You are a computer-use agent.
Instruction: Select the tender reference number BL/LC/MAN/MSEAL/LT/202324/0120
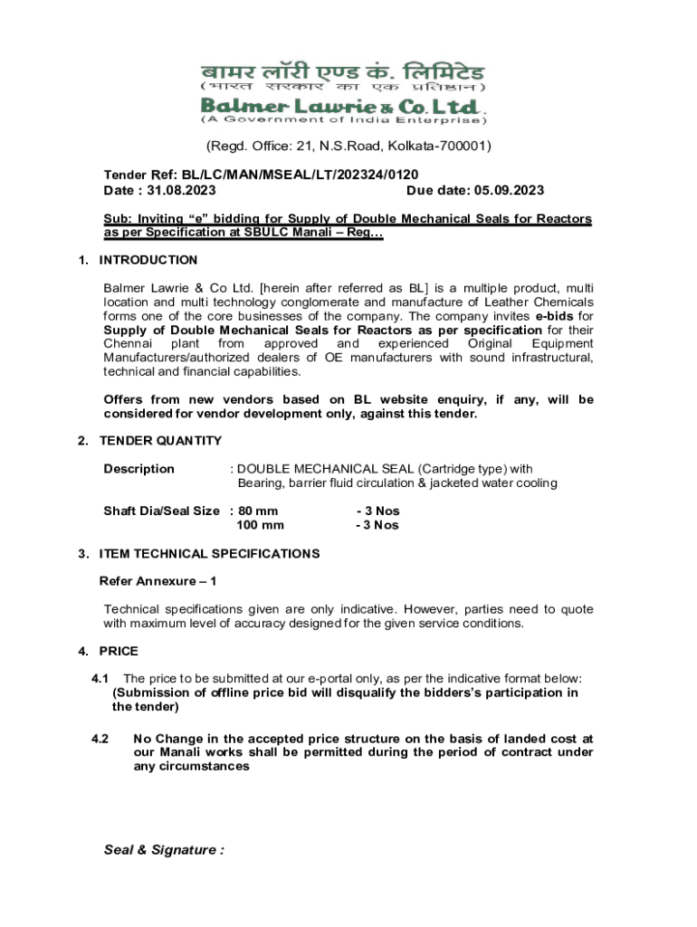300,174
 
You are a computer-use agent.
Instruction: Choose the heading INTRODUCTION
148,260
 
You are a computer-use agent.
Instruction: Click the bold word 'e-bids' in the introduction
553,316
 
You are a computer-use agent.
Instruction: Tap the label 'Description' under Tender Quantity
138,468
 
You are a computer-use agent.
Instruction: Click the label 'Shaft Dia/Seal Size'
161,511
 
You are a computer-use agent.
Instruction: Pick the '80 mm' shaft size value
257,511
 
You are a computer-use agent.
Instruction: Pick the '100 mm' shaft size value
260,525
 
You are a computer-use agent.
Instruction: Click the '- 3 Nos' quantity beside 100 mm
377,525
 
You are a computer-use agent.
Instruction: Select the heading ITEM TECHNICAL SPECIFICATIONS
209,553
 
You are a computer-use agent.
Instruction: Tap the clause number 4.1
100,678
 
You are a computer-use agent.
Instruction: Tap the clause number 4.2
100,738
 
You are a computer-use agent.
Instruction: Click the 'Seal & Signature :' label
163,850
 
